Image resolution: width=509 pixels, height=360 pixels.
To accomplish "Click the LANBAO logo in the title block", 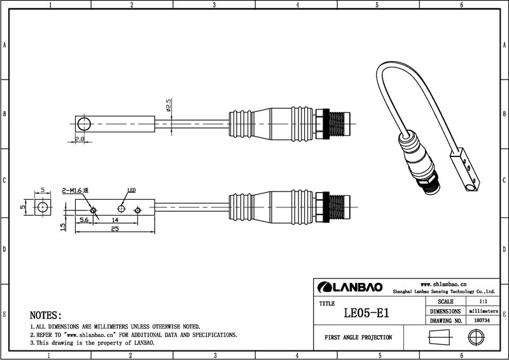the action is click(x=349, y=287).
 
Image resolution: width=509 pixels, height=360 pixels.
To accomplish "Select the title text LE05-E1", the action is click(x=366, y=313).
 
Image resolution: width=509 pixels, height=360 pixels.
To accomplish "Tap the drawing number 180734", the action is click(x=482, y=321).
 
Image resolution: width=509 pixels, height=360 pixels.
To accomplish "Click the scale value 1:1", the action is click(x=483, y=301).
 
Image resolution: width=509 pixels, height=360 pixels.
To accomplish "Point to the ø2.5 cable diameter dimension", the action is click(x=169, y=105).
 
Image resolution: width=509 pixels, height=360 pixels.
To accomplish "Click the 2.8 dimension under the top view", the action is click(x=80, y=139).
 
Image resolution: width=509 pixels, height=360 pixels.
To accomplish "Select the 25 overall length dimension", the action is click(x=115, y=229).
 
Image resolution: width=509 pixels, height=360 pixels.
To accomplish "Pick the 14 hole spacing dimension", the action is click(x=115, y=220).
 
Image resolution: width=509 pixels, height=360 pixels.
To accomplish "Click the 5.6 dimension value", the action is click(x=84, y=220).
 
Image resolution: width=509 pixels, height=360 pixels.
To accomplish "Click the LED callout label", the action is click(x=132, y=190).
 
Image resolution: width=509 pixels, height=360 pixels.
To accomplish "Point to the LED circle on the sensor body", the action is click(x=121, y=209).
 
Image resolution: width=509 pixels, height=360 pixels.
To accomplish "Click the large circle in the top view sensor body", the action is click(x=84, y=124).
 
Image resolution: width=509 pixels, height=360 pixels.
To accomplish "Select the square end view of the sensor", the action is click(x=43, y=207).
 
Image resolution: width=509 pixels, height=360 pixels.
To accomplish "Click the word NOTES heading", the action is click(x=45, y=315).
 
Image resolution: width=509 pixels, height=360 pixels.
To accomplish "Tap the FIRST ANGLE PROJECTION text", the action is click(x=358, y=338).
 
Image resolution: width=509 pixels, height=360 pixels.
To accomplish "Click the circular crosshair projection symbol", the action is click(x=476, y=337).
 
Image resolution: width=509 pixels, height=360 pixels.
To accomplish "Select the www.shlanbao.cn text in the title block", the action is click(x=443, y=284).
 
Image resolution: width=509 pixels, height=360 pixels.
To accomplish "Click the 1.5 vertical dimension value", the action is click(x=63, y=226).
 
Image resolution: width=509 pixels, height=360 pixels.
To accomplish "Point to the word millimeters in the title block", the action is click(x=484, y=311).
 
